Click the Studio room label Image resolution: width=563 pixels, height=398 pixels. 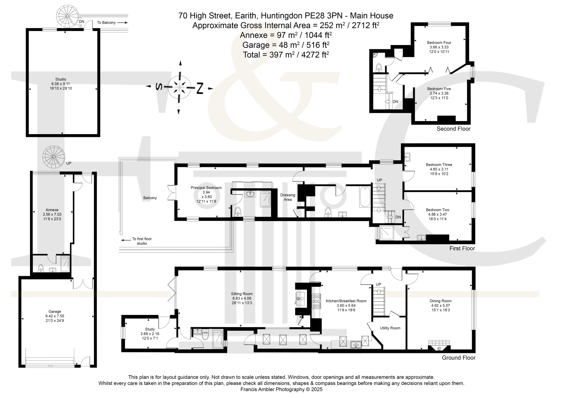(x=61, y=80)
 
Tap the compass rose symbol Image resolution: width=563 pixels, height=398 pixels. (x=180, y=87)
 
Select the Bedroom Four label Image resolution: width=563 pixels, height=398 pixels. (x=439, y=43)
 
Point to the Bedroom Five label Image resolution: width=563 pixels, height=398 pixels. (x=439, y=89)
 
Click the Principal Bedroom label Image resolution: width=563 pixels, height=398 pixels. (x=206, y=188)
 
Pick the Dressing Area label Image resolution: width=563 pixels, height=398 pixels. (x=288, y=197)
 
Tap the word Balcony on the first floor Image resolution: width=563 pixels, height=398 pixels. (x=150, y=198)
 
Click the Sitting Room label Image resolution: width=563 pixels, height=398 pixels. (x=242, y=294)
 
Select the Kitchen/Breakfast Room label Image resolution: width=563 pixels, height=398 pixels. (x=346, y=301)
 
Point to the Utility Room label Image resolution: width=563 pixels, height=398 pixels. (x=390, y=328)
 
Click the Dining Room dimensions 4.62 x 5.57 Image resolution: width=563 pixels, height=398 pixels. (x=440, y=305)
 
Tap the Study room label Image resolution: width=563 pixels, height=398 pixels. (x=150, y=329)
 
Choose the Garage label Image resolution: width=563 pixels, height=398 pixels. (x=55, y=311)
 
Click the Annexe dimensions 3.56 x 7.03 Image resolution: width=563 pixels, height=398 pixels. (x=52, y=215)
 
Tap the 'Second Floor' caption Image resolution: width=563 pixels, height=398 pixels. (x=453, y=129)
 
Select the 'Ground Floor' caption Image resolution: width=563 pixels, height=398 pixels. (x=459, y=358)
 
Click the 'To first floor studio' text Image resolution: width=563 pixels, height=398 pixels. (x=142, y=241)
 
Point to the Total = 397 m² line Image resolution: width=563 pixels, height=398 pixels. (x=286, y=55)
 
